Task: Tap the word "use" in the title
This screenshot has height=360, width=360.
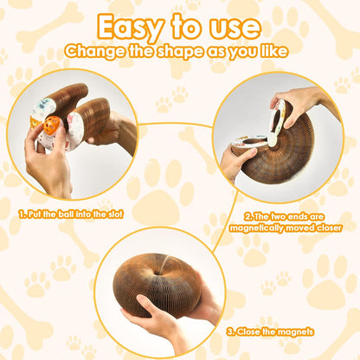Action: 234,27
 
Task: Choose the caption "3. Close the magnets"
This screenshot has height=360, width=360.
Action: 271,331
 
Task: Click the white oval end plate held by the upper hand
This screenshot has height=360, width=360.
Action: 275,122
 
